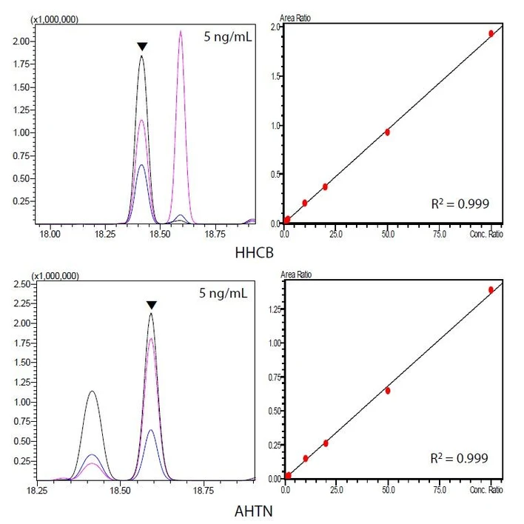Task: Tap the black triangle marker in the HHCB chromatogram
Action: tap(142, 47)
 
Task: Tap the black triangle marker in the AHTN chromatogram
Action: tap(151, 305)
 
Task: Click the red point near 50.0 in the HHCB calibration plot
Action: tap(387, 132)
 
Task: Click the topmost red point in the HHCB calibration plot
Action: tap(491, 33)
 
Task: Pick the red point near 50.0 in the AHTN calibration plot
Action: tap(388, 390)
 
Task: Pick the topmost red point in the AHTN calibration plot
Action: tap(491, 290)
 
